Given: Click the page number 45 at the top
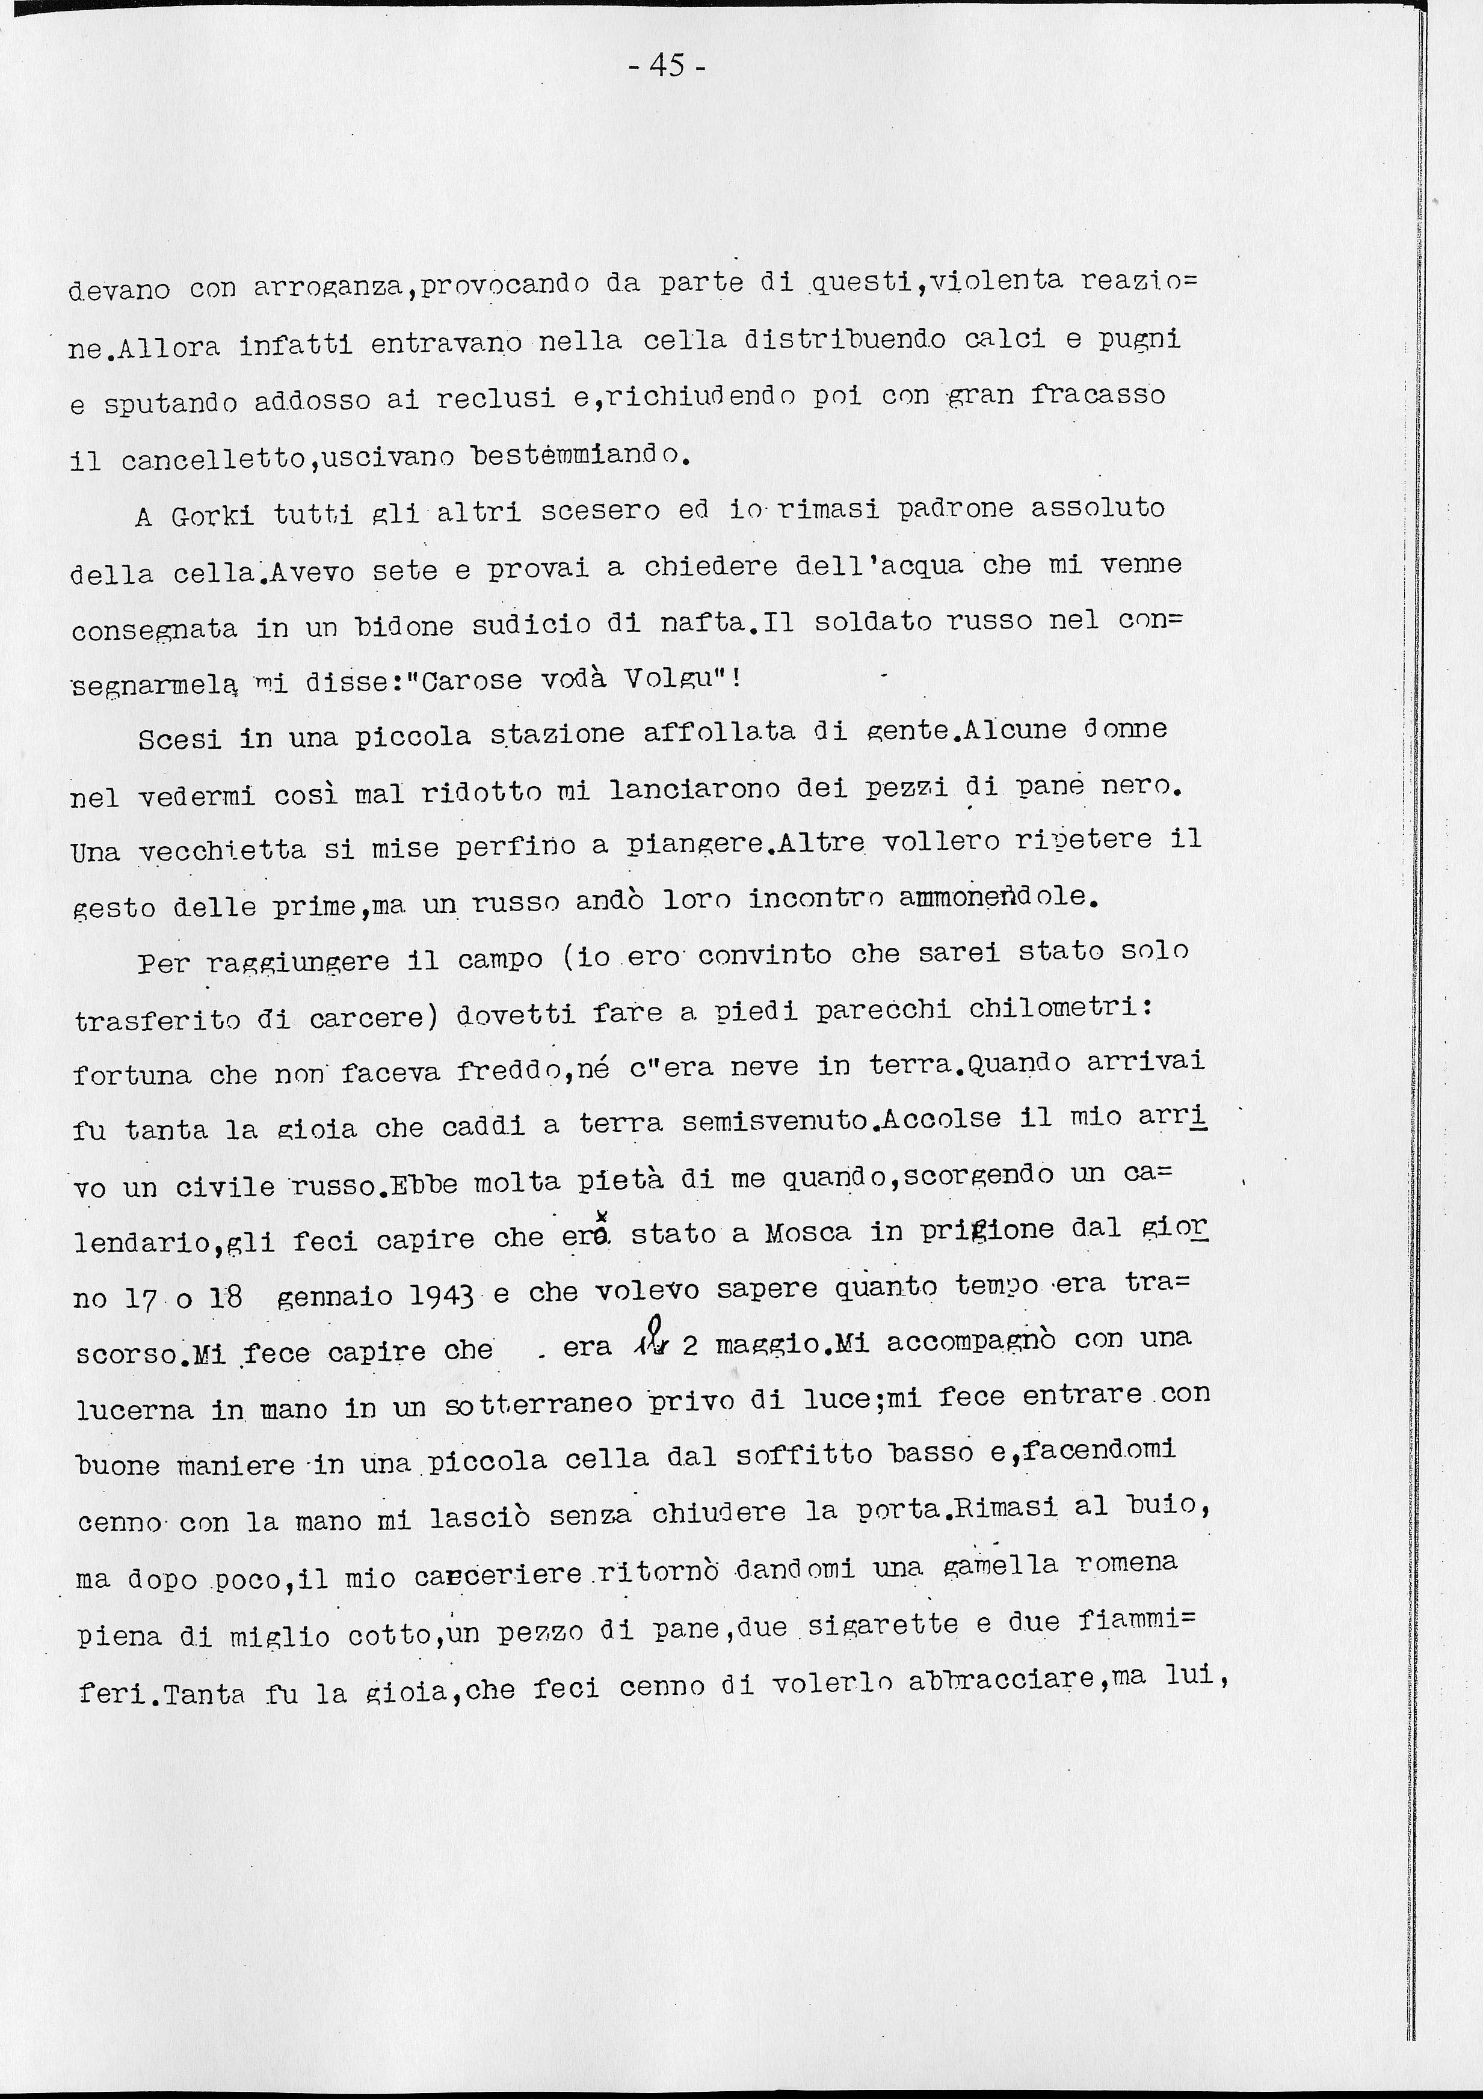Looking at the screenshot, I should tap(667, 66).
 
